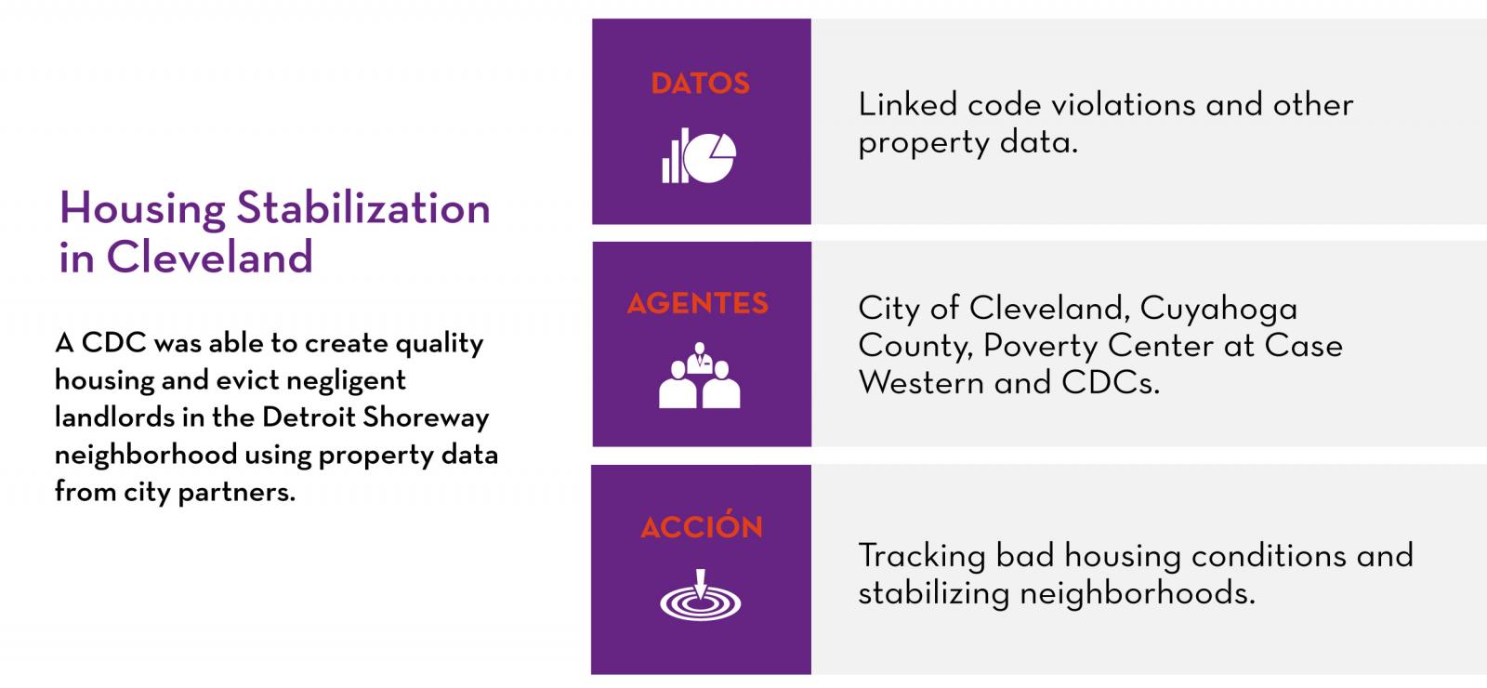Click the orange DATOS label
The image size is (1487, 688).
[x=701, y=84]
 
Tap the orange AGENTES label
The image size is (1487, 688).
[x=698, y=303]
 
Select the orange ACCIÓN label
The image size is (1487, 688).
[x=702, y=524]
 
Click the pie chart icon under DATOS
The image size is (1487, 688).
[x=699, y=155]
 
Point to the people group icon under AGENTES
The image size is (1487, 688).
[x=699, y=375]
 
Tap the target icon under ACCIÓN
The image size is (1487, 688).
[x=701, y=595]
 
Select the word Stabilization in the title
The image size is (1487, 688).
[x=363, y=208]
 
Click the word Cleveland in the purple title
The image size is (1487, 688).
[x=209, y=257]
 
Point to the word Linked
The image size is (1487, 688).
[x=907, y=105]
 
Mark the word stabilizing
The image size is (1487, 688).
[x=933, y=593]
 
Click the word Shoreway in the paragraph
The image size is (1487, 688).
[x=426, y=417]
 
